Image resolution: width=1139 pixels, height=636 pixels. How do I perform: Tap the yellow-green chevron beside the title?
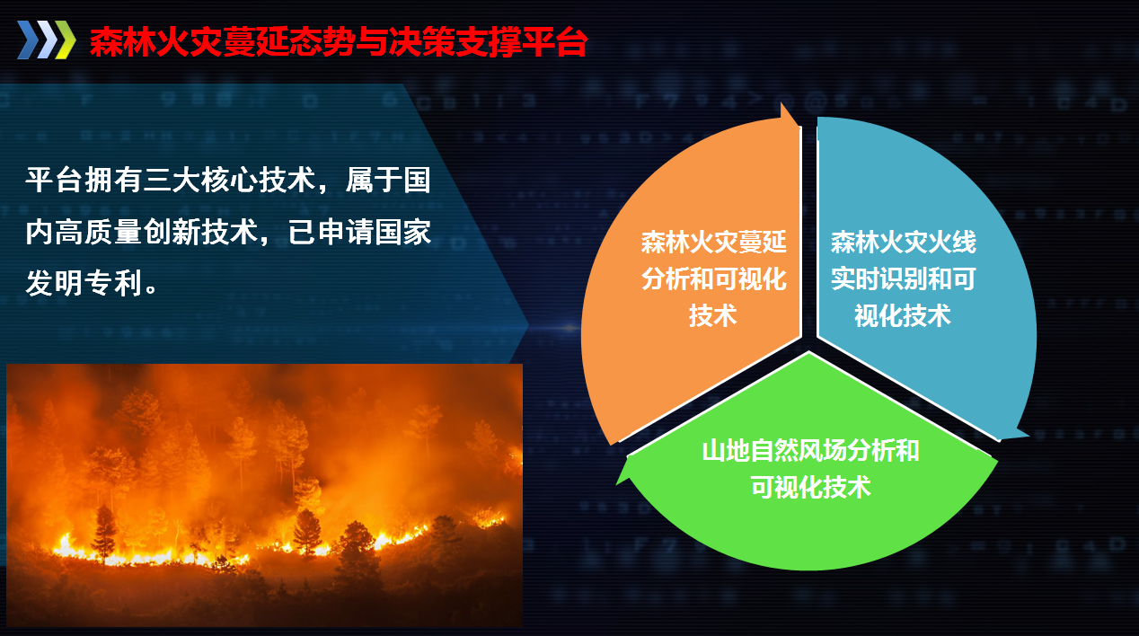pos(65,40)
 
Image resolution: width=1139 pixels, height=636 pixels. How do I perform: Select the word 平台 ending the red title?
pos(555,41)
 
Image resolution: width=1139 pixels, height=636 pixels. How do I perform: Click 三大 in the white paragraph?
pos(172,180)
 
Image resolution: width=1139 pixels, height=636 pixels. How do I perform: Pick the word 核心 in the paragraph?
pos(229,180)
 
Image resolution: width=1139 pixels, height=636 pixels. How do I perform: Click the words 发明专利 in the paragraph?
pos(84,283)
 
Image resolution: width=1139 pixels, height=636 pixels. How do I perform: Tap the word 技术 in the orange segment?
pos(713,315)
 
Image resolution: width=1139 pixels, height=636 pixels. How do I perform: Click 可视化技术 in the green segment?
pos(810,487)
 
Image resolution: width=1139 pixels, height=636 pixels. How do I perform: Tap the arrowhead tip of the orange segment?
pos(781,103)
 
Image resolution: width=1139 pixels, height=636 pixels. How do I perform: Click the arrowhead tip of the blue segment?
pos(1029,436)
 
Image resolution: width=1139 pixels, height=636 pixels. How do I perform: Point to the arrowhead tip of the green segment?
pos(616,484)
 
